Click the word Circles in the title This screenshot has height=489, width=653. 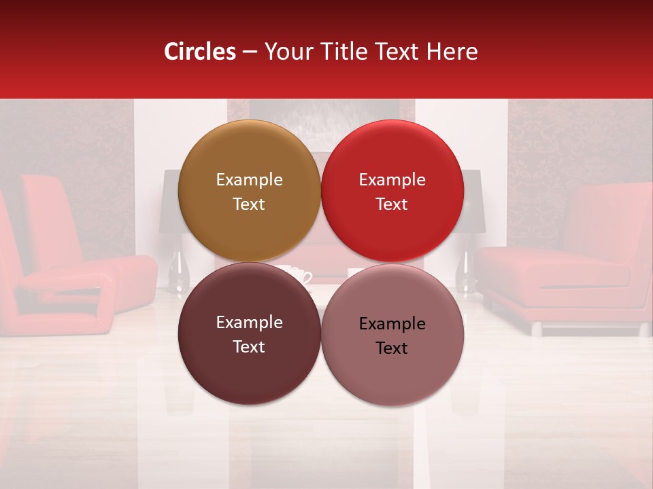[200, 52]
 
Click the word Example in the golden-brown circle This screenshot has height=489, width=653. [249, 180]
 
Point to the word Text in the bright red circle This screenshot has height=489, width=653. [392, 204]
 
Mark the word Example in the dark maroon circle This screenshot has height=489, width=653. [249, 323]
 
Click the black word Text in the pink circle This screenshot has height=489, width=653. [392, 348]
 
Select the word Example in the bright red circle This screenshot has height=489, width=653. [392, 180]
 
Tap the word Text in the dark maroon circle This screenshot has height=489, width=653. [249, 347]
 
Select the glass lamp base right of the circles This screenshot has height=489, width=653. [470, 272]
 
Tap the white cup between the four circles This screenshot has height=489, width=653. [300, 275]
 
